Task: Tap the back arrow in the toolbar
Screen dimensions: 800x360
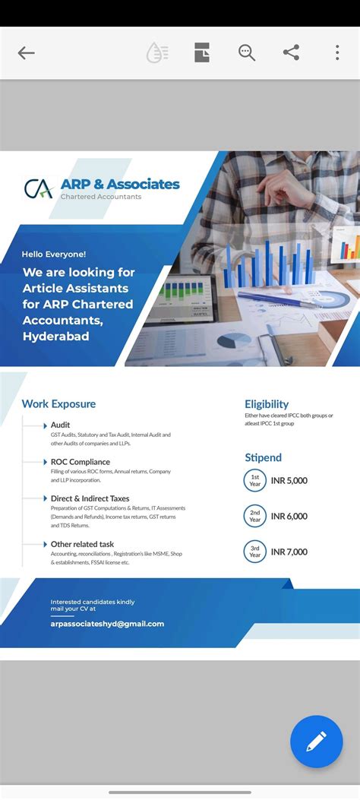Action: coord(27,53)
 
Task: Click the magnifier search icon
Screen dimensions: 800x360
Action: coord(247,53)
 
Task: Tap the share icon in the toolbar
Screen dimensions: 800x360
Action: coord(291,53)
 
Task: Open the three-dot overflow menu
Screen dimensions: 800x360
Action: coord(337,53)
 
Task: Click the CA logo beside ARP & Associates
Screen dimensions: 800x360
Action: coord(38,188)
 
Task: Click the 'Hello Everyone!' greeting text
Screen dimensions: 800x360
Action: coord(54,254)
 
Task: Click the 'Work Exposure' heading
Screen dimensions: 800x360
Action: coord(58,404)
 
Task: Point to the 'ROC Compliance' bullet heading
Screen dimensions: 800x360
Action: coord(80,462)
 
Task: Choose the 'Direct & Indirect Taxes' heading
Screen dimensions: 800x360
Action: coord(90,499)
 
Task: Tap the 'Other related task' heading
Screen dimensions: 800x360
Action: coord(82,544)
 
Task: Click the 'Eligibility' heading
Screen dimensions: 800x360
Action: coord(267,404)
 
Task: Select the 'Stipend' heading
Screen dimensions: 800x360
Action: coord(263,457)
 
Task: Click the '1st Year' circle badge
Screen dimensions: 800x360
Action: coord(255,480)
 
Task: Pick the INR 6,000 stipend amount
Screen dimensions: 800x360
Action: coord(289,517)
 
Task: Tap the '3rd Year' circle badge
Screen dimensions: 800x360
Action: coord(255,552)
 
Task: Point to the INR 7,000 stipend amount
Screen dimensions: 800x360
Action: coord(289,552)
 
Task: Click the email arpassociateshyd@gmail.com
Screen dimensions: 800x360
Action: coord(107,624)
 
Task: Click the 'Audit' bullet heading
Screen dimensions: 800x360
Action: coord(61,425)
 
